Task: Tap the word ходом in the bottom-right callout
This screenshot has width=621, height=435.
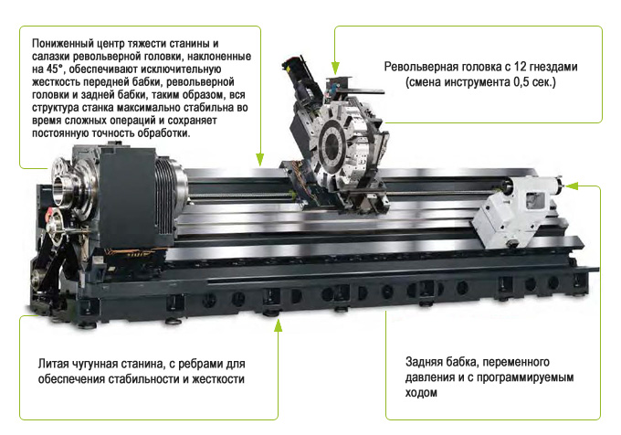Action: [x=423, y=394]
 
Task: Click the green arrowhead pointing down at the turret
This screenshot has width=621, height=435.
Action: [x=335, y=68]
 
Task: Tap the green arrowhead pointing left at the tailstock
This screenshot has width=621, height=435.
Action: [x=573, y=186]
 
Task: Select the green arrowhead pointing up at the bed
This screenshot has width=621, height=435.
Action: [x=278, y=324]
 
